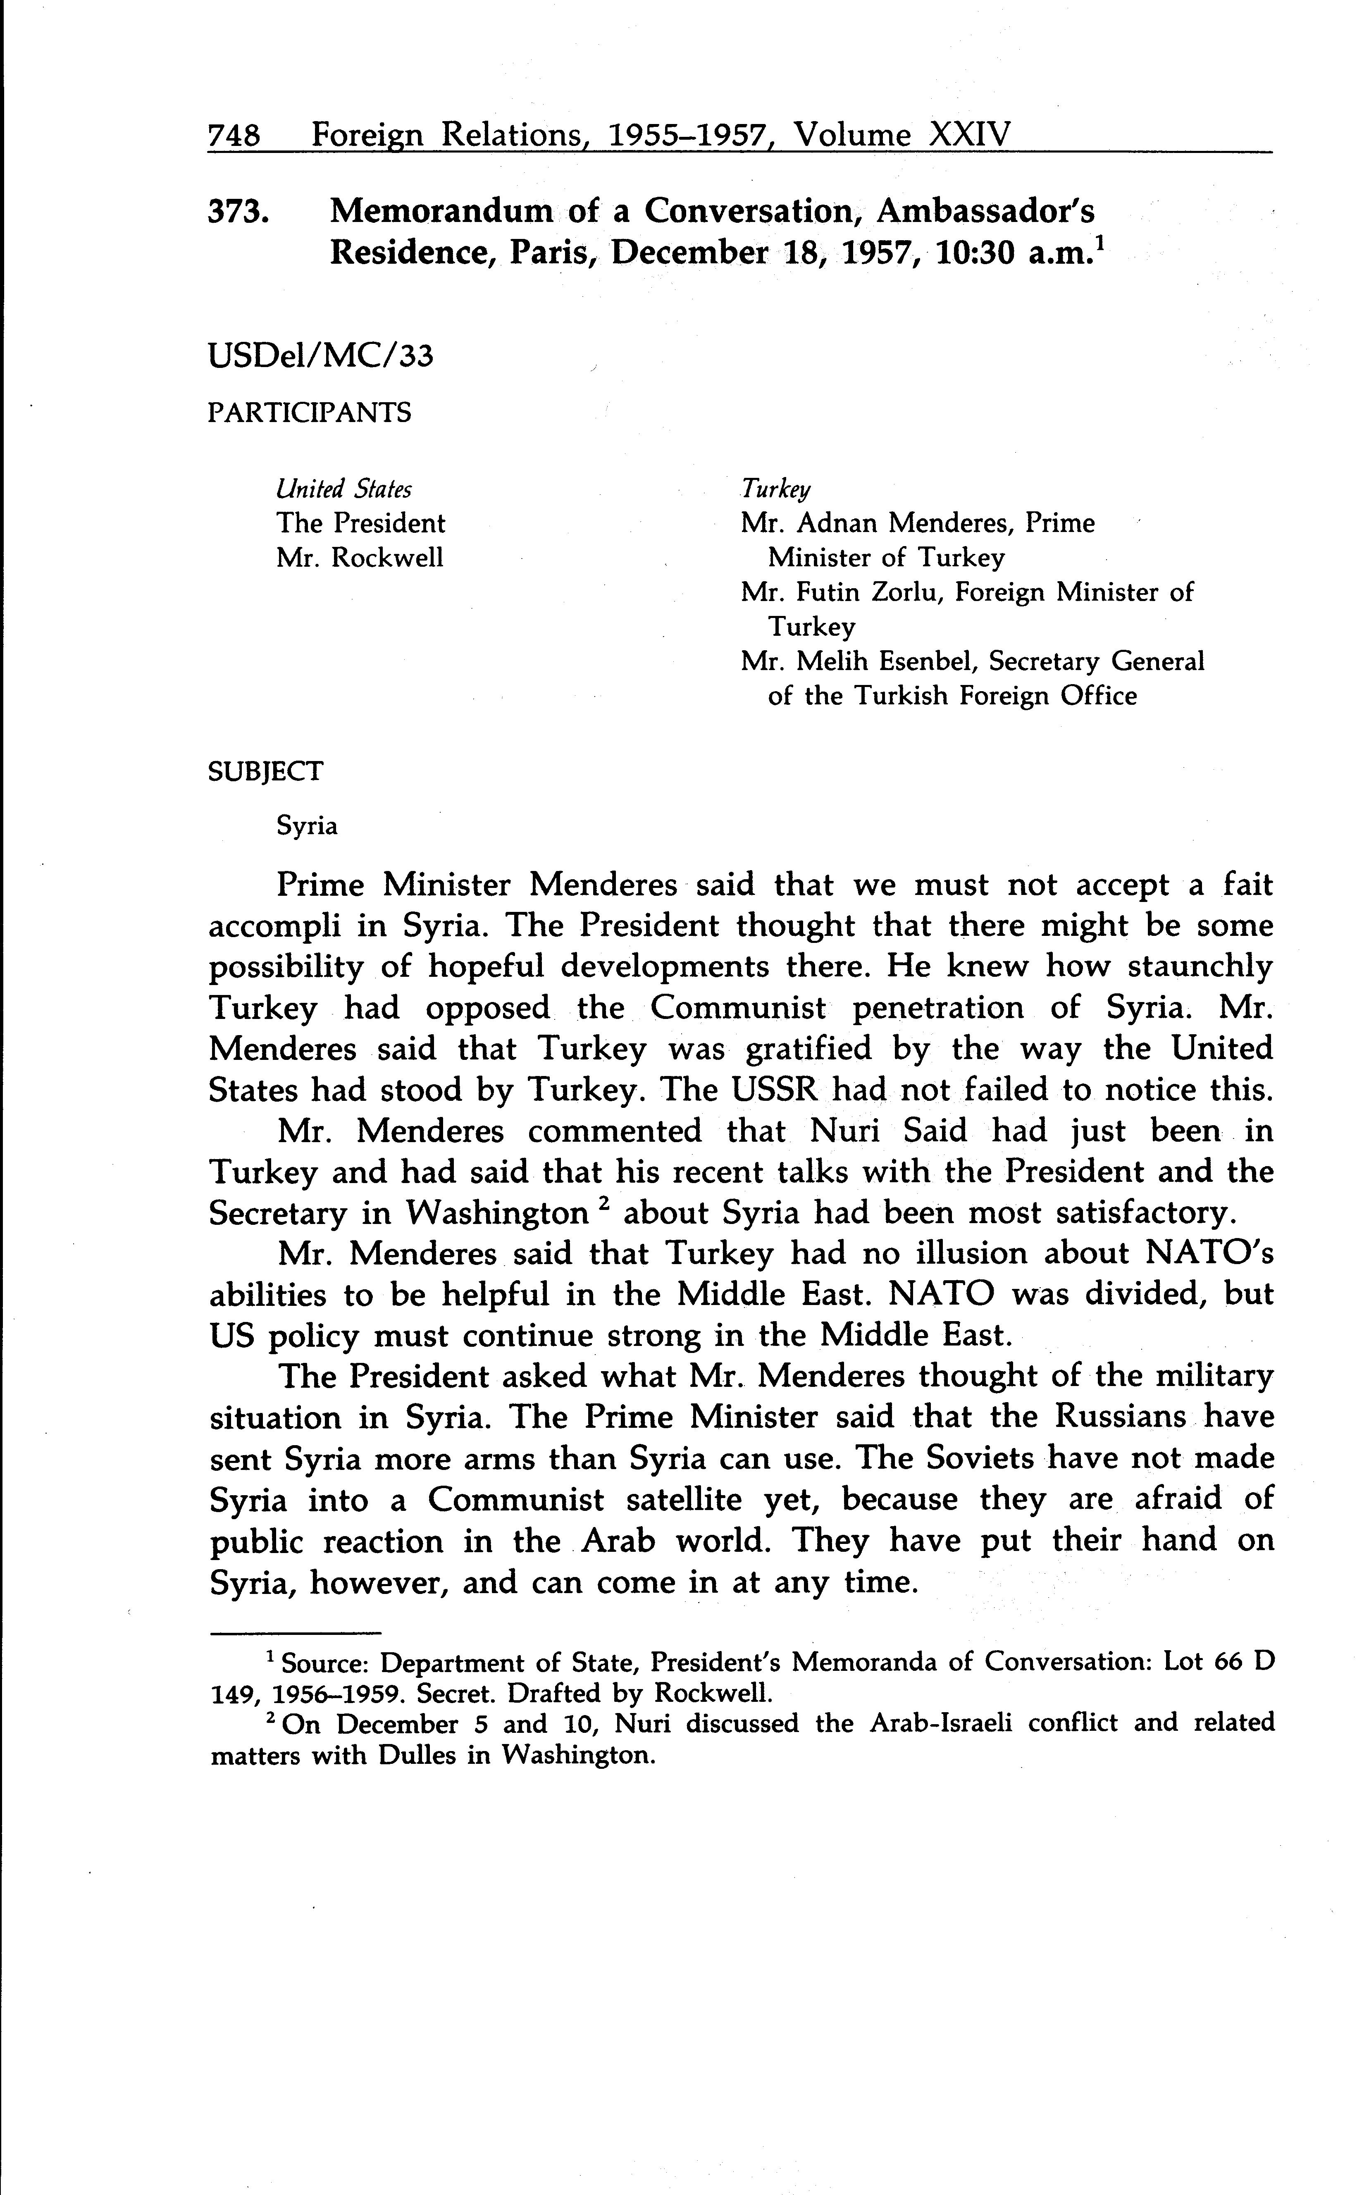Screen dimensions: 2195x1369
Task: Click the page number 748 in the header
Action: tap(234, 136)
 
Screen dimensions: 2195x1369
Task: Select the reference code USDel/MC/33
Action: tap(320, 357)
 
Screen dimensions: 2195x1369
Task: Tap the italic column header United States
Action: tap(344, 490)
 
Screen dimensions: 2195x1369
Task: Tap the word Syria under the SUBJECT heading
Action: tap(307, 826)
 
